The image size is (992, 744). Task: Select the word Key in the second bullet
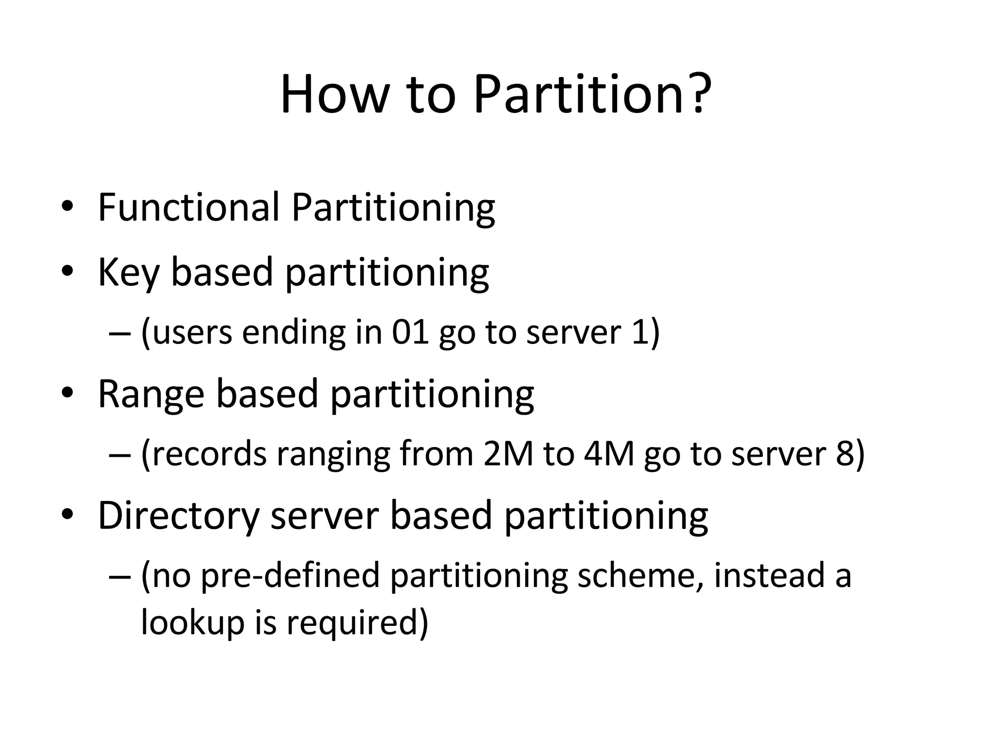tap(128, 273)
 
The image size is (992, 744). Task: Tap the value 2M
tap(508, 454)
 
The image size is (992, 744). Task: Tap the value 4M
tap(609, 454)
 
